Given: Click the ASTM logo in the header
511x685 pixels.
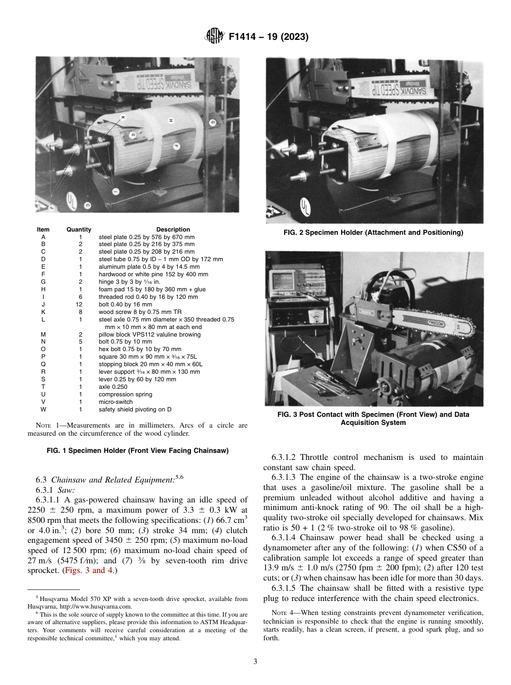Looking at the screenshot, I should pos(215,37).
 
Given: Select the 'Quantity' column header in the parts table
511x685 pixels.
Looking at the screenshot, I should pos(79,229).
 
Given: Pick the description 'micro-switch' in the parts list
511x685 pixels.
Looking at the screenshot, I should pos(115,402).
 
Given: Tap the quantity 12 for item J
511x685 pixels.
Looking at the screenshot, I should pos(80,304).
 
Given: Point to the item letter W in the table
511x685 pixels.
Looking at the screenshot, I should pos(43,409).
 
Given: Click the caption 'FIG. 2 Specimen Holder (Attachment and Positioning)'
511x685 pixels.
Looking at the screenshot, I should pos(373,233).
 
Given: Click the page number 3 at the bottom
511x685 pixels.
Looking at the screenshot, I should pos(256,662).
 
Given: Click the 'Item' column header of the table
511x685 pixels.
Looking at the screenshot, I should pos(43,229).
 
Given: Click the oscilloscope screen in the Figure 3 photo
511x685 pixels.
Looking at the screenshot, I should pos(282,281).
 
